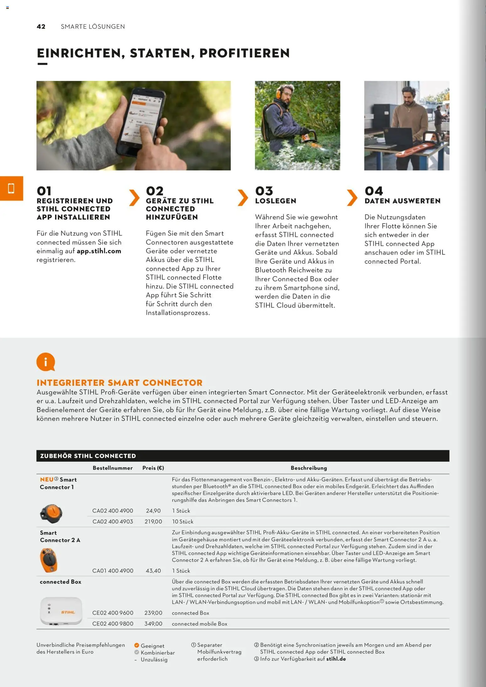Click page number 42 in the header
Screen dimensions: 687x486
[x=41, y=27]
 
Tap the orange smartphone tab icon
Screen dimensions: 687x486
[x=11, y=188]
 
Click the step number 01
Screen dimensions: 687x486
[x=44, y=191]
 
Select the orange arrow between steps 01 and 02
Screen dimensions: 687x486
[x=134, y=198]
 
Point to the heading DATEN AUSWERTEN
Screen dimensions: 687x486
[x=402, y=201]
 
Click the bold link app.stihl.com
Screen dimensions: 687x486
[x=99, y=251]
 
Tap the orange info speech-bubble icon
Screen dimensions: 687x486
[x=46, y=362]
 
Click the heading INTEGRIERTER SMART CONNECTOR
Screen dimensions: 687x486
[x=119, y=383]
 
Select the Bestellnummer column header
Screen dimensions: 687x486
[x=113, y=468]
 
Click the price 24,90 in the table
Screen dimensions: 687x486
[x=153, y=511]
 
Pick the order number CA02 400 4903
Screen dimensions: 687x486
[x=113, y=522]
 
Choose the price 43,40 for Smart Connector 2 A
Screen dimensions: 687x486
[x=153, y=571]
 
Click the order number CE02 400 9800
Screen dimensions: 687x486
[x=113, y=624]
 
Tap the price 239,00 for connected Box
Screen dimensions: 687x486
[x=153, y=613]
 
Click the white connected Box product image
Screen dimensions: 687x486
[x=61, y=611]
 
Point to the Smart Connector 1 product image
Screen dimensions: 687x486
[x=51, y=513]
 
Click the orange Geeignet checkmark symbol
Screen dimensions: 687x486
[x=137, y=645]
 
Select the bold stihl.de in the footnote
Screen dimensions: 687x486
[x=336, y=659]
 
